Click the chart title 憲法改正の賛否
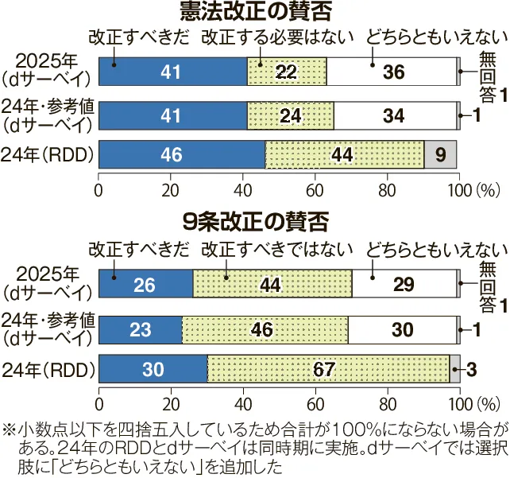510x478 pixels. [x=254, y=13]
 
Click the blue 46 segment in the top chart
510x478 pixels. [x=182, y=154]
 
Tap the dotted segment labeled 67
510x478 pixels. [x=328, y=369]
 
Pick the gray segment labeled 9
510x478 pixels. [x=440, y=154]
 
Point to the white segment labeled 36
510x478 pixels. [x=392, y=72]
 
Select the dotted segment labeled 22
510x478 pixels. [x=287, y=72]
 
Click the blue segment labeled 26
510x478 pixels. [x=145, y=284]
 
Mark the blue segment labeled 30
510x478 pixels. [x=153, y=369]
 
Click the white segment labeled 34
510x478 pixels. [x=395, y=116]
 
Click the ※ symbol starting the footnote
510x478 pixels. [x=10, y=426]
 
